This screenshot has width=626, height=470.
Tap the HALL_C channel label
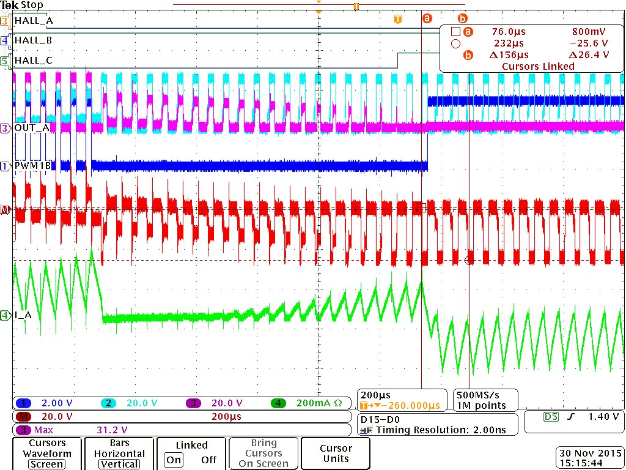(34, 61)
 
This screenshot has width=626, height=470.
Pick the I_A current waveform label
(23, 316)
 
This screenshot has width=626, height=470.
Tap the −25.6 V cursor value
(589, 43)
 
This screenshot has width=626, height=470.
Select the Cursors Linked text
(538, 66)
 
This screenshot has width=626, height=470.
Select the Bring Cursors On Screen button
(263, 453)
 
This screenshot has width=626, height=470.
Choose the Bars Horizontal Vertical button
(119, 453)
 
